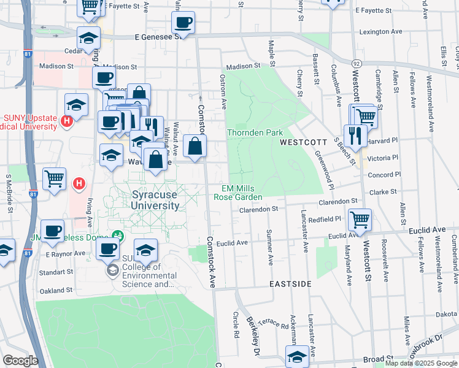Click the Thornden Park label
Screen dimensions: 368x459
click(x=255, y=132)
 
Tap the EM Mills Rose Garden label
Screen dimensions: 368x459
click(x=238, y=193)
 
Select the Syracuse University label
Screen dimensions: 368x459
click(x=155, y=200)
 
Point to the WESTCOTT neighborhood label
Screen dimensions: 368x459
click(x=303, y=142)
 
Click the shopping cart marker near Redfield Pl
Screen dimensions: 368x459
click(x=360, y=219)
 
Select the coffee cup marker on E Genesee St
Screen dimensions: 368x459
click(x=183, y=23)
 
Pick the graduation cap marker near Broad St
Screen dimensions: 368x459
click(x=297, y=356)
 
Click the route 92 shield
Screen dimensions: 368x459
click(x=356, y=63)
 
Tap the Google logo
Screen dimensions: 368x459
click(x=20, y=360)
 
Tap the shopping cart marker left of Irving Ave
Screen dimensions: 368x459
click(x=54, y=179)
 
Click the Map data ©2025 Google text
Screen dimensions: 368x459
click(x=421, y=363)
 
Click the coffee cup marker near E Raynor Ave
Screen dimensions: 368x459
click(x=107, y=248)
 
